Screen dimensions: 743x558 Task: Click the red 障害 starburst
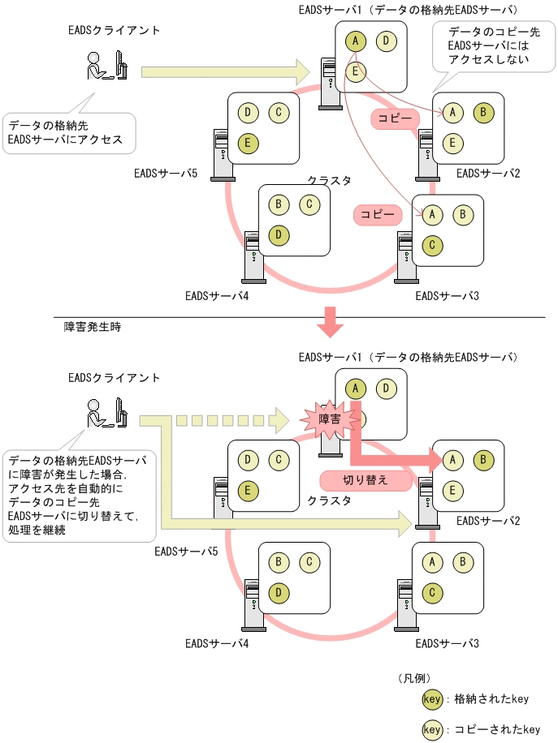pyautogui.click(x=329, y=419)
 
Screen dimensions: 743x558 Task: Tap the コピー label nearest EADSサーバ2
pyautogui.click(x=396, y=118)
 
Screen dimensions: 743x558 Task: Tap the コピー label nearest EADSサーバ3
pyautogui.click(x=378, y=214)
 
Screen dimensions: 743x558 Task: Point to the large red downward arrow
pyautogui.click(x=330, y=321)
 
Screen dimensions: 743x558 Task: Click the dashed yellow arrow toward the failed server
pyautogui.click(x=215, y=421)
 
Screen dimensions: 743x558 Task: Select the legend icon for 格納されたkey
pyautogui.click(x=432, y=699)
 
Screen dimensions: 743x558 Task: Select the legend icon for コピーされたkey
pyautogui.click(x=432, y=729)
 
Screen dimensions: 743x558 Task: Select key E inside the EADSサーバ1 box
pyautogui.click(x=356, y=71)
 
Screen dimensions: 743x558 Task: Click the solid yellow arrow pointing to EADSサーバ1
pyautogui.click(x=223, y=71)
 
